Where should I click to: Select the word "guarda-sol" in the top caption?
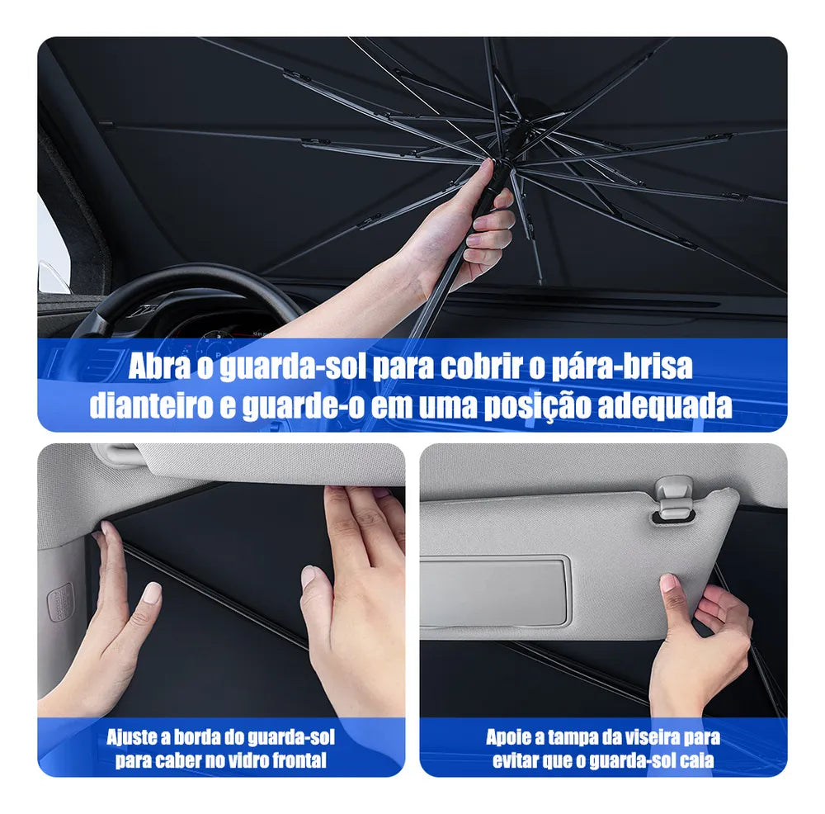click(292, 367)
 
